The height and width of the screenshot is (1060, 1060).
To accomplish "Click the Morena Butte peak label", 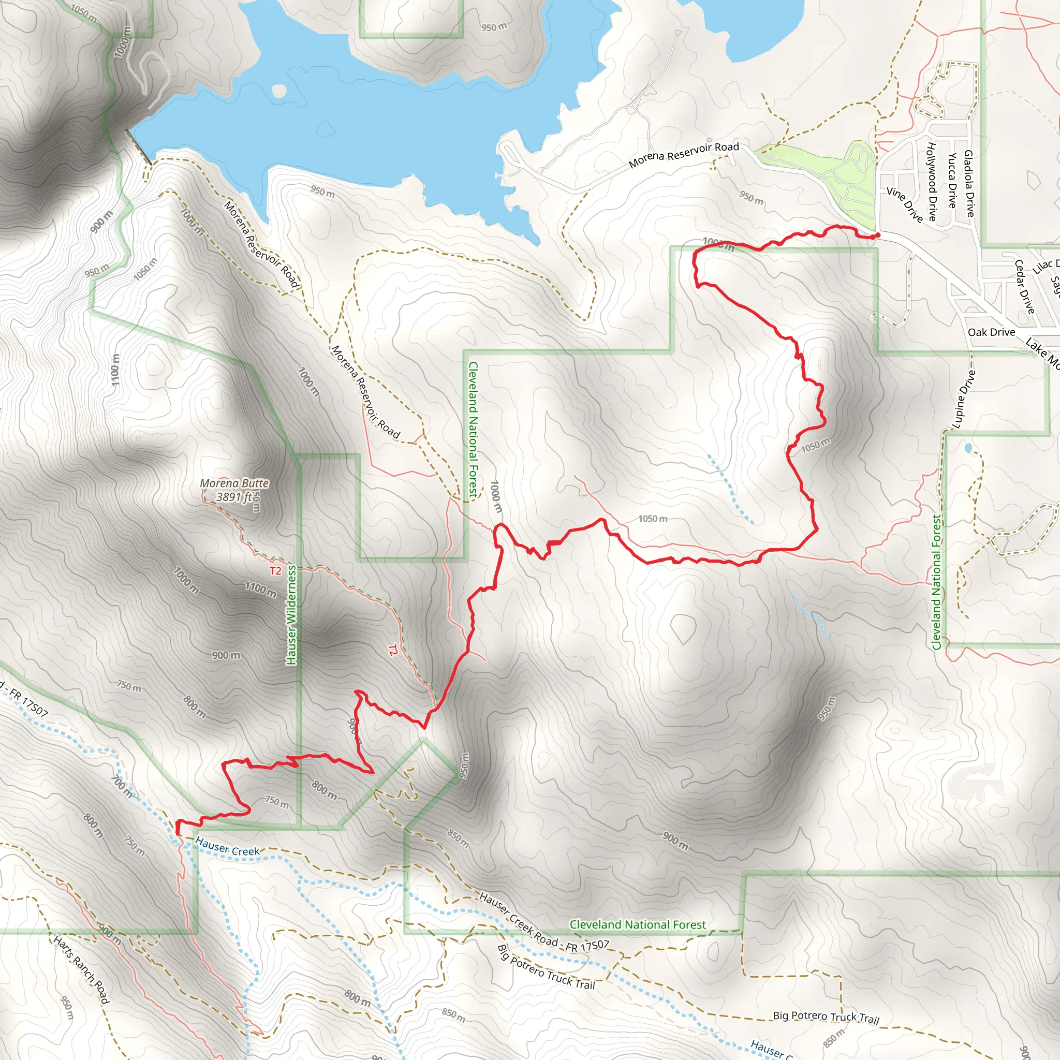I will coord(234,483).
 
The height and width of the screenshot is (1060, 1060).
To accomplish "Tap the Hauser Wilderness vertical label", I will coord(291,615).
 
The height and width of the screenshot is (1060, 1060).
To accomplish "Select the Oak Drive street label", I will coord(991,332).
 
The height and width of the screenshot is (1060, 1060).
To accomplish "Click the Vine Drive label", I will coord(905,204).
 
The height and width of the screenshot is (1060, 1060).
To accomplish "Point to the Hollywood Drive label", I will coord(932,182).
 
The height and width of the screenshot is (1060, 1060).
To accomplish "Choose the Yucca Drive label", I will coord(952,181).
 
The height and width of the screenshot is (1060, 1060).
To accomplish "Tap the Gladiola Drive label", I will coord(969,183).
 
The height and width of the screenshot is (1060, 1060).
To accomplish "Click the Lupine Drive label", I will coord(964,399).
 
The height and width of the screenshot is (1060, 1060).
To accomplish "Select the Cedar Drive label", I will coord(1024,287).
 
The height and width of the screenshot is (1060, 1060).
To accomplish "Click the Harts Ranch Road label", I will coord(81,969).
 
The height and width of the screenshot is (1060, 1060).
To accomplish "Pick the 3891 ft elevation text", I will coord(234,497).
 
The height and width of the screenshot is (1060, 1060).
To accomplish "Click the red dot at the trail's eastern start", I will coord(877,235).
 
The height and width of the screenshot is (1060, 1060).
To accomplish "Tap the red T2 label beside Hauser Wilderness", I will coord(275,571).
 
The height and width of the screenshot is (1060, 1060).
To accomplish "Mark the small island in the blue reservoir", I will coord(279,91).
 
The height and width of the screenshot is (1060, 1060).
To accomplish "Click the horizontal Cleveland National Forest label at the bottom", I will coord(638,924).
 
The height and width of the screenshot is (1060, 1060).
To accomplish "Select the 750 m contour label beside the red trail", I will coord(276,803).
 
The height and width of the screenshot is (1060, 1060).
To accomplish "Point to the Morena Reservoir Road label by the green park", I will coord(684,155).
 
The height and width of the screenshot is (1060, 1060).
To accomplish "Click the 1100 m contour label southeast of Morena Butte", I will coord(261,590).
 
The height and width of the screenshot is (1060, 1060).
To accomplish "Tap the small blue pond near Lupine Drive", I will coord(968,448).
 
